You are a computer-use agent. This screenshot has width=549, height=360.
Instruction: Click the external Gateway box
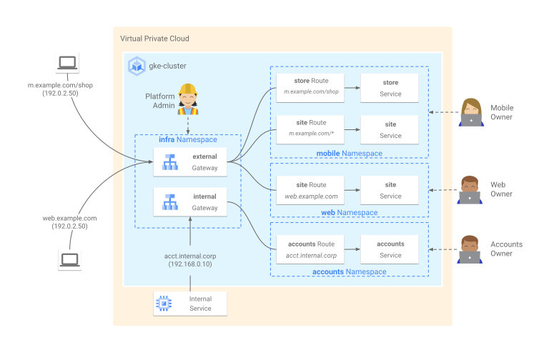click(189, 161)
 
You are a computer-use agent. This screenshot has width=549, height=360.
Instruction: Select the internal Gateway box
click(189, 202)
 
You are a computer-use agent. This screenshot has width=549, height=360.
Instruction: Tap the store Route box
click(310, 87)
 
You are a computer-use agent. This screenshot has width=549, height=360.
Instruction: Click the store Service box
click(390, 87)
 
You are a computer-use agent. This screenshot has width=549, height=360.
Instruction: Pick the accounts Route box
click(310, 249)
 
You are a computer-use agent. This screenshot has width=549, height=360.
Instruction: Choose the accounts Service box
click(390, 249)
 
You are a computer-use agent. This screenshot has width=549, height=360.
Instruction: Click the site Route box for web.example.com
click(310, 190)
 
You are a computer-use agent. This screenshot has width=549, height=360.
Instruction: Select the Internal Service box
click(190, 304)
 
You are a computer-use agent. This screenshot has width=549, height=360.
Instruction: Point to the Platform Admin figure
click(188, 100)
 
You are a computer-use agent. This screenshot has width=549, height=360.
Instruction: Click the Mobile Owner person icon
click(470, 112)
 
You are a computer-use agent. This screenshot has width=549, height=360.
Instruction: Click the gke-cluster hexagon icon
click(136, 66)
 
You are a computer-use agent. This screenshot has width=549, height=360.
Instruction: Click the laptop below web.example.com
click(69, 260)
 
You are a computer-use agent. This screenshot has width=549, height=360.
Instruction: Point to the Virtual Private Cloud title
click(155, 39)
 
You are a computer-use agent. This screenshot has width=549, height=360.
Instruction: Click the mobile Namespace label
click(349, 154)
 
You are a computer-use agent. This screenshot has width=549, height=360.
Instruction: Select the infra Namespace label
click(188, 140)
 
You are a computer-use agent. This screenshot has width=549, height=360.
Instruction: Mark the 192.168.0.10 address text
click(190, 264)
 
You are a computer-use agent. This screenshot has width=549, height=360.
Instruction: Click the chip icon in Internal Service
click(164, 304)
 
